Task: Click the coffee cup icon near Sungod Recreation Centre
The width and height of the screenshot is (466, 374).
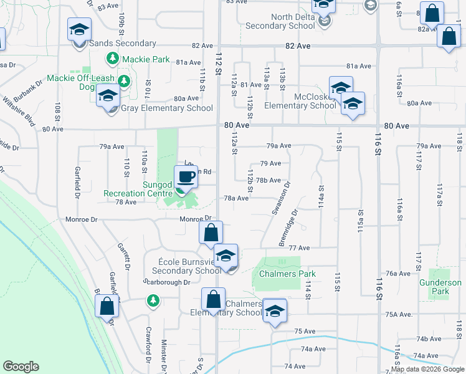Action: pos(185,178)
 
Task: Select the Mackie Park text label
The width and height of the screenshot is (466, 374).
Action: pos(146,60)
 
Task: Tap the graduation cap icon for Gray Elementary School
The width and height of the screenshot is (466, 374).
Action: pos(108,96)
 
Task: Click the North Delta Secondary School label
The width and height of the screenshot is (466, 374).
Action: pos(280,21)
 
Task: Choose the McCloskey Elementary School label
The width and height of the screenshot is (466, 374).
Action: pos(300,100)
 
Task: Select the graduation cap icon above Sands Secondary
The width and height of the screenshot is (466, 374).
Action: pos(79,30)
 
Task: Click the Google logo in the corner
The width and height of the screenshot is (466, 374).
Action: pos(21,367)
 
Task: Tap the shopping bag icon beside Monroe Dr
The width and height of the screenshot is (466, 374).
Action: pos(211,233)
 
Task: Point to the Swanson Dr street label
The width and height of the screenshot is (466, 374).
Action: pos(279,199)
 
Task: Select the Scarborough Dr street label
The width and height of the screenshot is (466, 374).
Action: pos(167,282)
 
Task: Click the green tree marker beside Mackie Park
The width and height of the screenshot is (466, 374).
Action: pos(112,60)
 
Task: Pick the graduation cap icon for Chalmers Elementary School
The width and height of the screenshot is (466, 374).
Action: pos(273,311)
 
